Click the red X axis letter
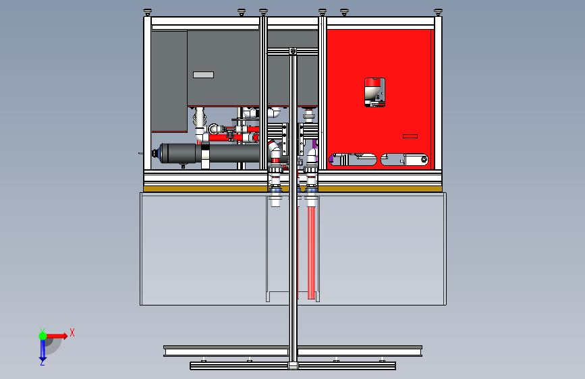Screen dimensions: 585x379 72,332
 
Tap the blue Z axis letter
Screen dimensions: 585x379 42,362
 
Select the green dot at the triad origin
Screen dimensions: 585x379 43,335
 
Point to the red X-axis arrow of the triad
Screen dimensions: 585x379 57,334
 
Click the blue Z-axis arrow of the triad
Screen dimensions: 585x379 43,348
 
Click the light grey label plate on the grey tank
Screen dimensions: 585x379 203,75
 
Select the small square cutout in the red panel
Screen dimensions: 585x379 374,92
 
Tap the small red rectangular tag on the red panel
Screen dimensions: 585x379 410,136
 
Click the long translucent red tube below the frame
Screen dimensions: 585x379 311,250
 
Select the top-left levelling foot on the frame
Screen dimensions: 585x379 148,11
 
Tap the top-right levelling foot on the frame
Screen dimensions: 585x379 438,11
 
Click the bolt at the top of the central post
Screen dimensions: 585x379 292,51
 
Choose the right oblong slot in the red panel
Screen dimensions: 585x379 405,160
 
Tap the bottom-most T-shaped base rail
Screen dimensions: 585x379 292,366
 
